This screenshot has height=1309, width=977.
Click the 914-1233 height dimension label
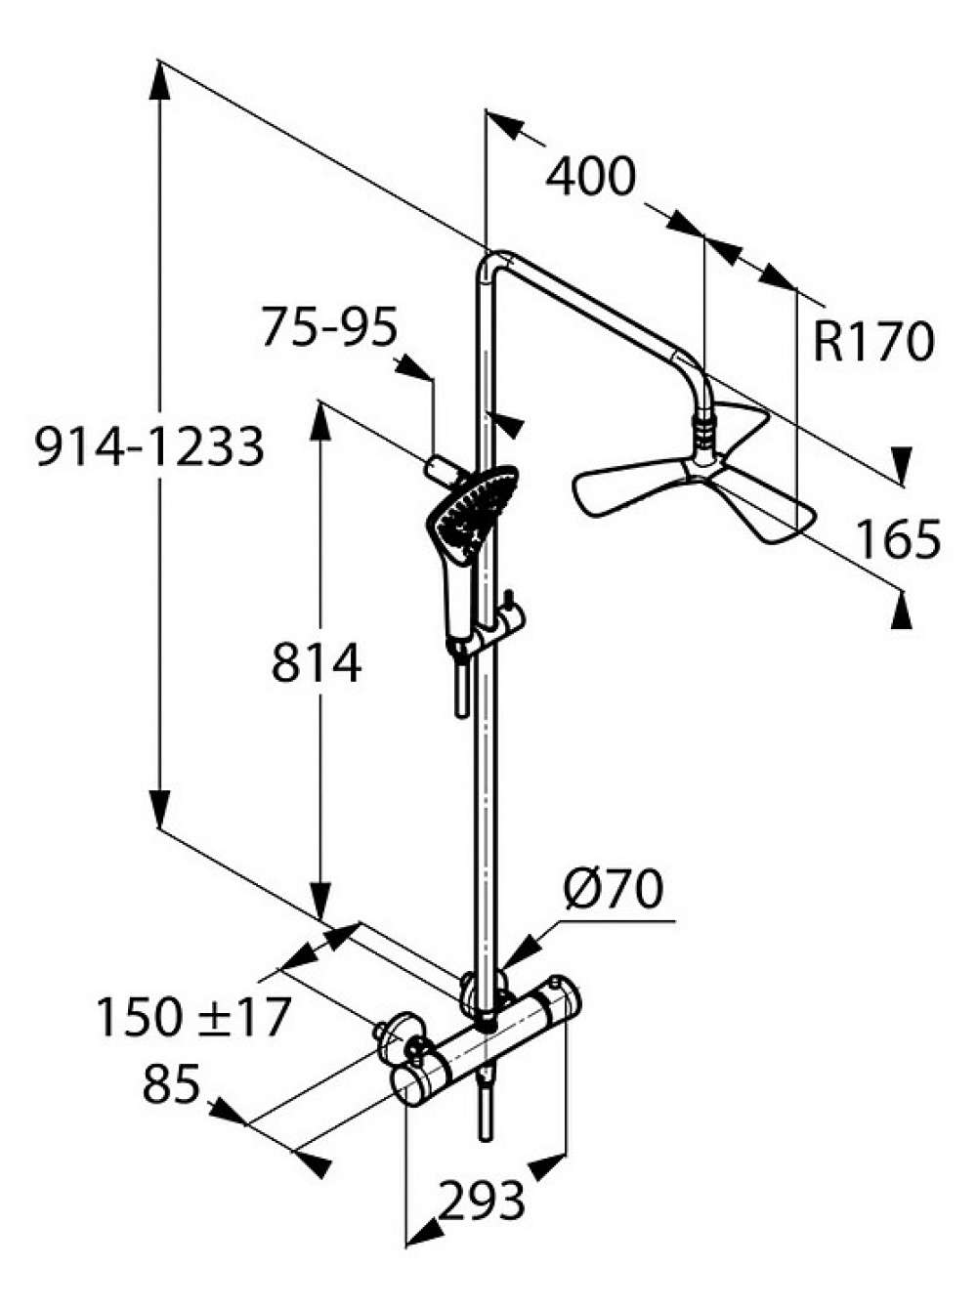149,446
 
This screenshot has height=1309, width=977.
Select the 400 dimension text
591,177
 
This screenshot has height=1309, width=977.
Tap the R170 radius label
872,342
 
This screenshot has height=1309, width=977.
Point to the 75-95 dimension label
329,326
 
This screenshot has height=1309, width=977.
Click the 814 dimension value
317,662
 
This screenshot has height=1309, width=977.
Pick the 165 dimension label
898,539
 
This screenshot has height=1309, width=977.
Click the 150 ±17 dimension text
192,1018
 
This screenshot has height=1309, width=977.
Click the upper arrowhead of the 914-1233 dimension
159,80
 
